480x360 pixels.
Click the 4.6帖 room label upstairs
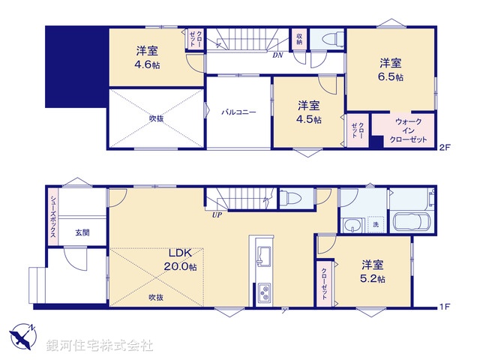click(x=147, y=58)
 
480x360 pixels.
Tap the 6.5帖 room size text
click(x=390, y=70)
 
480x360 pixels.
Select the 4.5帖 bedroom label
click(x=308, y=112)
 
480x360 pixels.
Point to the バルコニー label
click(x=238, y=112)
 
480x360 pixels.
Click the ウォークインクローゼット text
click(x=408, y=130)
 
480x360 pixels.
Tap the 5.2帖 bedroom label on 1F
click(x=373, y=271)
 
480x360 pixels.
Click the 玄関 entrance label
click(x=82, y=232)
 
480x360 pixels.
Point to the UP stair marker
click(x=217, y=215)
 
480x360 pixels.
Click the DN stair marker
click(x=277, y=55)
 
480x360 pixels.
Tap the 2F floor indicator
click(x=445, y=148)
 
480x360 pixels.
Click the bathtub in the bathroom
click(x=410, y=223)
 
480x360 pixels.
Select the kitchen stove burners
click(x=265, y=292)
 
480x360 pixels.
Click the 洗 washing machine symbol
click(x=374, y=223)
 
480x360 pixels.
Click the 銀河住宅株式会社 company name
click(x=100, y=345)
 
